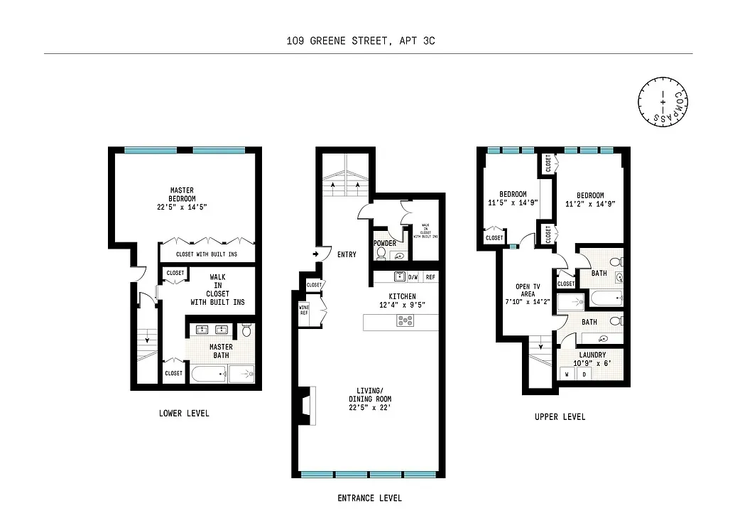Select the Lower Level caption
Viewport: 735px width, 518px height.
tap(185, 413)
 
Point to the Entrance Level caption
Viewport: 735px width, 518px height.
tap(369, 498)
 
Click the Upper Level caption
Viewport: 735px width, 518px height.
tap(560, 416)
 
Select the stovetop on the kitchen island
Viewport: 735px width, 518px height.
tap(405, 321)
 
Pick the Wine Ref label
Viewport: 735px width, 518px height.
tap(304, 310)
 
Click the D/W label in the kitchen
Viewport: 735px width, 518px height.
tap(414, 277)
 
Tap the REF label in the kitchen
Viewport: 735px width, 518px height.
tap(431, 277)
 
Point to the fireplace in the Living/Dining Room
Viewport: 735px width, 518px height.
tap(305, 404)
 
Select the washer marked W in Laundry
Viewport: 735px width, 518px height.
tap(567, 373)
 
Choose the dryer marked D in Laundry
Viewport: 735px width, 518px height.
tap(584, 373)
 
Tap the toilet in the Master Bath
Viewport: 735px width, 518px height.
tap(246, 330)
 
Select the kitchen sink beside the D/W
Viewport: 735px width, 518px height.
tap(399, 276)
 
